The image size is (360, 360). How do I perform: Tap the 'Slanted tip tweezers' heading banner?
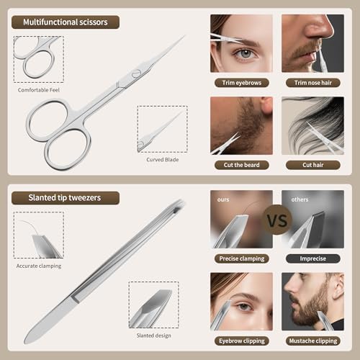pyautogui.click(x=65, y=197)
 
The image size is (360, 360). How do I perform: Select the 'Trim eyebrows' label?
pyautogui.click(x=241, y=82)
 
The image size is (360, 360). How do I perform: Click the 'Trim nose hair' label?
pyautogui.click(x=312, y=82)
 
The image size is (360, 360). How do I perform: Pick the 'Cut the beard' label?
pyautogui.click(x=241, y=165)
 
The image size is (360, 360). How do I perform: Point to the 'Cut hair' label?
pyautogui.click(x=312, y=165)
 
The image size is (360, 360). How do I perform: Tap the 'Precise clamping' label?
pyautogui.click(x=241, y=258)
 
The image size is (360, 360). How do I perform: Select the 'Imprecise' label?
pyautogui.click(x=312, y=258)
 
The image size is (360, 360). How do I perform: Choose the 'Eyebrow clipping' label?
pyautogui.click(x=241, y=341)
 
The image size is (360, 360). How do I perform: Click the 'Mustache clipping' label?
pyautogui.click(x=312, y=341)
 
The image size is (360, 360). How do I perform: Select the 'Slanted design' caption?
pyautogui.click(x=153, y=336)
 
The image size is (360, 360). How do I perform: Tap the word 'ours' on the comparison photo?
pyautogui.click(x=223, y=198)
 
